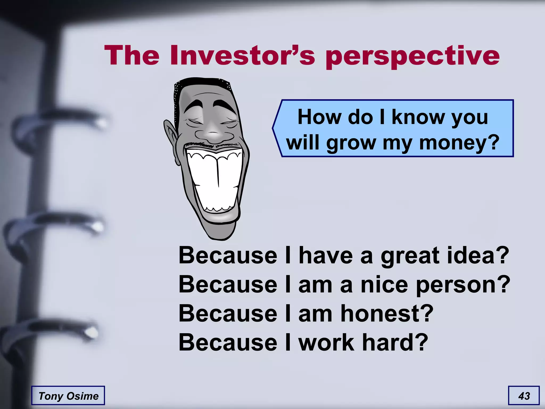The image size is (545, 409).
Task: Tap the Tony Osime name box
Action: click(x=68, y=396)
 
